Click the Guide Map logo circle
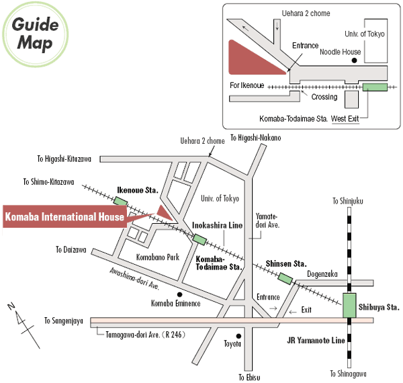[34, 35]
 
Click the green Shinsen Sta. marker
[286, 278]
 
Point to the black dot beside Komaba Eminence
[179, 294]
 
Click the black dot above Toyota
[237, 335]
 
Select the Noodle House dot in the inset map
[353, 60]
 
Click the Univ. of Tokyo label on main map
[220, 198]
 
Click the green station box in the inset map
[375, 87]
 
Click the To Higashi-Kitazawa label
[67, 159]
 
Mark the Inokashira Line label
[217, 226]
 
